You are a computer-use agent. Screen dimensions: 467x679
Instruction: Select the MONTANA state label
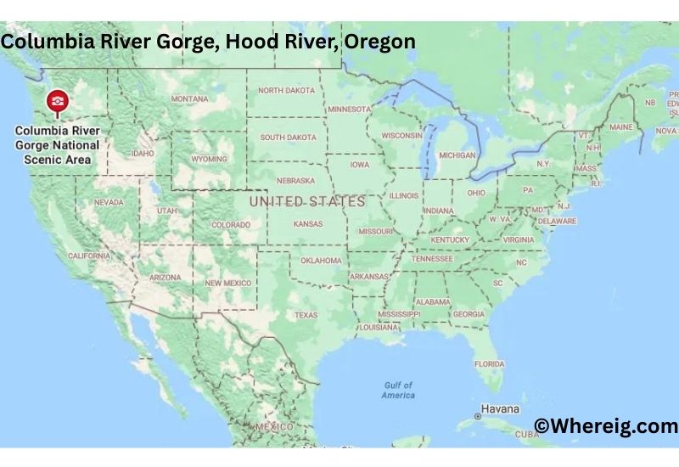(189, 98)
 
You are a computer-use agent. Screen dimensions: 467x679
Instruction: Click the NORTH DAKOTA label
(286, 90)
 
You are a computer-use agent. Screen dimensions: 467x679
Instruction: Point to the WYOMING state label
(209, 159)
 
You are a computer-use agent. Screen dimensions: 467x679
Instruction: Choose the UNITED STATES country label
(307, 201)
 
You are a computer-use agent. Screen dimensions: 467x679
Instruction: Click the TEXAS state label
(306, 315)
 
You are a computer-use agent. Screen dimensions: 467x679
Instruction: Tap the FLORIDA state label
(489, 363)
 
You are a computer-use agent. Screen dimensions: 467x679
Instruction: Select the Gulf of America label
(398, 390)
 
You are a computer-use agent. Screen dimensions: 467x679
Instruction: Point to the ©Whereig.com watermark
(606, 425)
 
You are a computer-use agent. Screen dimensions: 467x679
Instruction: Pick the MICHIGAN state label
(457, 155)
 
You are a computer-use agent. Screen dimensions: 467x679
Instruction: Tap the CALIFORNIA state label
(88, 256)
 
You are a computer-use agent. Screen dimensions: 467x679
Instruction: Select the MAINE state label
(621, 127)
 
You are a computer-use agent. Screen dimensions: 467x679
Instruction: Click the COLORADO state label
(231, 225)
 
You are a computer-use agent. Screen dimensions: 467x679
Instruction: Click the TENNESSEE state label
(433, 258)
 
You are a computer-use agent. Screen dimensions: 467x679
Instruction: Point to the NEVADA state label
(109, 202)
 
